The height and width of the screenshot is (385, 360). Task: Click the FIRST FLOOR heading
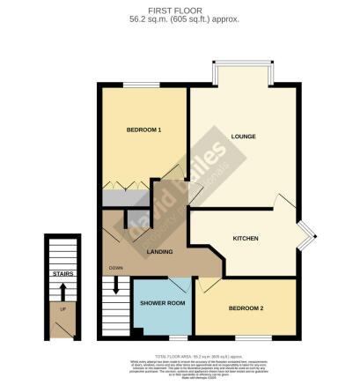(180, 8)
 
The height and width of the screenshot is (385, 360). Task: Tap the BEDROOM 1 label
(143, 130)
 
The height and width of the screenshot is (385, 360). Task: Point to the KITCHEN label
(245, 239)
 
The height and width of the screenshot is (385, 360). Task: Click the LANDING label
(159, 252)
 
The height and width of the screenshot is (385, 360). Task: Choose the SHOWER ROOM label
(162, 304)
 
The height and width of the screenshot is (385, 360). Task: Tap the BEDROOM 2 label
(246, 309)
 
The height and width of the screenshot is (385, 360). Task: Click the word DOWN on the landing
(115, 268)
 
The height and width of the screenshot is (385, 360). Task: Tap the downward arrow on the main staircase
(115, 286)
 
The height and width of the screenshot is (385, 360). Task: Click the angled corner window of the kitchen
(305, 234)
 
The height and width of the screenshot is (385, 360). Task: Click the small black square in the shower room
(137, 331)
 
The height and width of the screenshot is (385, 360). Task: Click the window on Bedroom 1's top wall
(142, 85)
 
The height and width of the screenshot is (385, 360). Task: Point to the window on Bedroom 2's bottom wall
(255, 337)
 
